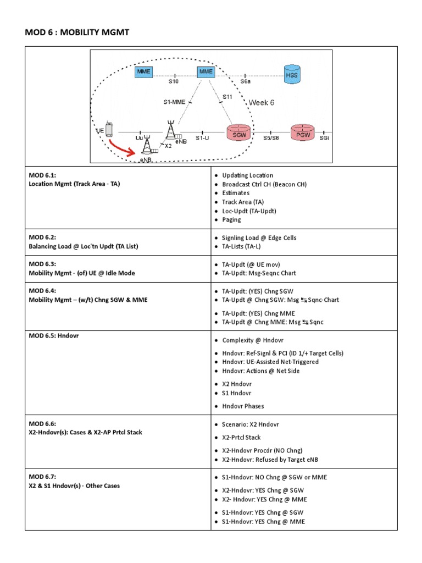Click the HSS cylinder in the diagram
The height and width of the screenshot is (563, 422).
click(x=292, y=74)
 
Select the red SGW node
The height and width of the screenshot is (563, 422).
click(x=238, y=133)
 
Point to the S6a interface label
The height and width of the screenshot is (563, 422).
click(x=245, y=81)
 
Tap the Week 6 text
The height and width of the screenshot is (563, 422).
click(x=262, y=103)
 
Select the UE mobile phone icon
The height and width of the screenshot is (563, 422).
click(x=109, y=129)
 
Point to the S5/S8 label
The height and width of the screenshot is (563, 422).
click(x=271, y=138)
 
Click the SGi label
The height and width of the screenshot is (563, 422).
click(x=324, y=138)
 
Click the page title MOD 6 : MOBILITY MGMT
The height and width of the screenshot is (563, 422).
click(x=77, y=33)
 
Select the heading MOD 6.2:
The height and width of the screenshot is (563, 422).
click(x=42, y=238)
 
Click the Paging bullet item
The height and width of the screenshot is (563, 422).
click(x=231, y=219)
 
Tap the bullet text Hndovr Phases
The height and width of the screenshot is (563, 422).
click(x=243, y=406)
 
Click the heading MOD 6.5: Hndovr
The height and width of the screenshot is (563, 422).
click(x=54, y=335)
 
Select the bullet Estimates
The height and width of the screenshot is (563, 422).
click(x=236, y=193)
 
